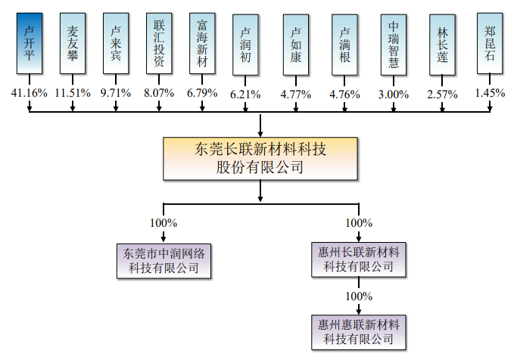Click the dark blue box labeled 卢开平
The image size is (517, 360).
click(x=30, y=43)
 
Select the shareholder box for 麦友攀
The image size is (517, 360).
click(x=73, y=43)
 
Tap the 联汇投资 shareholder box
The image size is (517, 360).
click(x=159, y=43)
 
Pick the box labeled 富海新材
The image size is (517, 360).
click(x=202, y=43)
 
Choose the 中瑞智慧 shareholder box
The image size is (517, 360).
click(x=394, y=45)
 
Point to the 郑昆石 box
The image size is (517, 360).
click(x=490, y=43)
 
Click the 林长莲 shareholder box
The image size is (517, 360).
click(x=442, y=45)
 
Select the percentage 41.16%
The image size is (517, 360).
click(x=30, y=93)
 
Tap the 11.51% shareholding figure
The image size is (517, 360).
click(x=73, y=93)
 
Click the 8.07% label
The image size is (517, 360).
click(x=159, y=93)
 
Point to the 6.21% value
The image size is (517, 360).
click(x=245, y=95)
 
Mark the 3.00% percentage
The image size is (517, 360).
click(x=394, y=95)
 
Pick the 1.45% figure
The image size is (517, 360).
click(x=490, y=93)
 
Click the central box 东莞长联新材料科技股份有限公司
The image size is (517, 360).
click(x=260, y=158)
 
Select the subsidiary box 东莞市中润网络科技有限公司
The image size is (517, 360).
click(x=164, y=261)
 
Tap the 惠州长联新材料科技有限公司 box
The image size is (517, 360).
click(x=359, y=259)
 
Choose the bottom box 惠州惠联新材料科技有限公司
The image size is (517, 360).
click(x=359, y=332)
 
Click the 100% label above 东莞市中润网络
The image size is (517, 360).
click(x=164, y=223)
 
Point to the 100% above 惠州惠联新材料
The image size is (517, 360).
click(x=359, y=296)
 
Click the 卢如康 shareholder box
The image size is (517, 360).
click(x=296, y=45)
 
